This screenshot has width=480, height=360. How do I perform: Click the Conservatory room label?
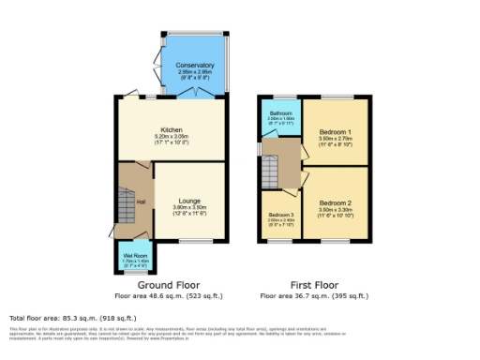(x=194, y=65)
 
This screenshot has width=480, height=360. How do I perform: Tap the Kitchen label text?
(x=171, y=129)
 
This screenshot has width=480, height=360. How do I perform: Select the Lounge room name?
(x=189, y=199)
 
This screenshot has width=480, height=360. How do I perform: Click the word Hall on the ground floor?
(x=141, y=202)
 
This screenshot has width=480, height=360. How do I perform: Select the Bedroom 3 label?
(x=279, y=215)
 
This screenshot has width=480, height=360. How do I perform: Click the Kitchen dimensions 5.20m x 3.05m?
(x=171, y=137)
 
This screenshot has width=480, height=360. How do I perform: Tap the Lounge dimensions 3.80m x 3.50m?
(x=189, y=206)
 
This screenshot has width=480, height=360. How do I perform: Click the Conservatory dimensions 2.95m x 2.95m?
(x=194, y=71)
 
